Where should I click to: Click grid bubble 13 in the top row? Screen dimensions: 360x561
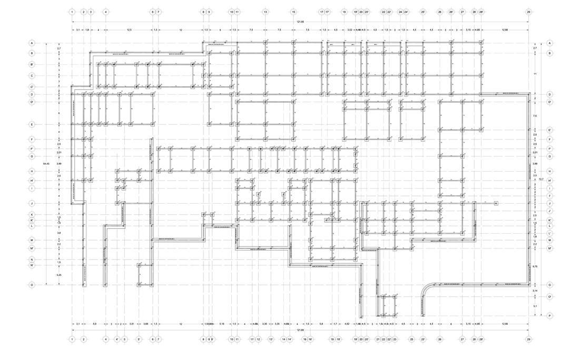click(265, 12)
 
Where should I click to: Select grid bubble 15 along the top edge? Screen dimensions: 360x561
click(293, 12)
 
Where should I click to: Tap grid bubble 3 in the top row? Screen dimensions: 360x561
click(91, 12)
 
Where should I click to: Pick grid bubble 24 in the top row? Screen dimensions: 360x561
click(400, 12)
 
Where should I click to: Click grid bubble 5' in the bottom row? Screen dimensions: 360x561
click(139, 339)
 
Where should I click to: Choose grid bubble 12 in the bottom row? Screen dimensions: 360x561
click(258, 339)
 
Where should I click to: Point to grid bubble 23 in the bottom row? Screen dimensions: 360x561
click(395, 339)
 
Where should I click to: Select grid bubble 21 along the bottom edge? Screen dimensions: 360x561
click(378, 339)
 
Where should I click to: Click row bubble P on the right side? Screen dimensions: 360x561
click(550, 316)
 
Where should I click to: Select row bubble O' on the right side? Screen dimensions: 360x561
click(550, 297)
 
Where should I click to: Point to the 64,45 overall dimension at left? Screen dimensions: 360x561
click(46, 164)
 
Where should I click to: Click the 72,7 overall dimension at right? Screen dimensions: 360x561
click(541, 179)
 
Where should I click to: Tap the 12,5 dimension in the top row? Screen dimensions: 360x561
click(129, 30)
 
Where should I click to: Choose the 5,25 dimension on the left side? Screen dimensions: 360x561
click(59, 275)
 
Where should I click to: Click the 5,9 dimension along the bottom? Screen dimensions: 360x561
click(94, 324)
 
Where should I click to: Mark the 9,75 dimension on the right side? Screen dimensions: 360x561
click(535, 266)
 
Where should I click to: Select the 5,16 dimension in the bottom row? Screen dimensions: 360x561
click(222, 324)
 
